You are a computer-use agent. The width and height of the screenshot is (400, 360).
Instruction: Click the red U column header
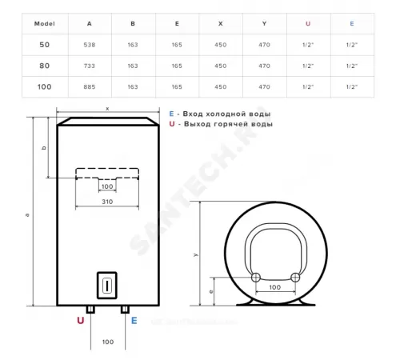(308, 23)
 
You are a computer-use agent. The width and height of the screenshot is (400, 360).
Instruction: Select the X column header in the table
(220, 23)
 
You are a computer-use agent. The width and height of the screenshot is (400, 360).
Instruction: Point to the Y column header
(264, 23)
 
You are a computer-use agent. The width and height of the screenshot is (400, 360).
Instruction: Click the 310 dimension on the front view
(106, 202)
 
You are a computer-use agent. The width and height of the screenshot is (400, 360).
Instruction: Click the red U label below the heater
(80, 320)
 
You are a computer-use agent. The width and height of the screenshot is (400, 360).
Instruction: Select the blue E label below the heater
(134, 320)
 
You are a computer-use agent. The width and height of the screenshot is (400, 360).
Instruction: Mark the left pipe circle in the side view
(255, 276)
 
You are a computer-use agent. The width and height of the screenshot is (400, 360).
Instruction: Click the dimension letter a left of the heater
(26, 214)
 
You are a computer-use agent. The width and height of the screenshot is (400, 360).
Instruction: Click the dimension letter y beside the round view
(195, 254)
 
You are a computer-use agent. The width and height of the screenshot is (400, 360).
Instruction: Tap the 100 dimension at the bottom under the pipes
(106, 342)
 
